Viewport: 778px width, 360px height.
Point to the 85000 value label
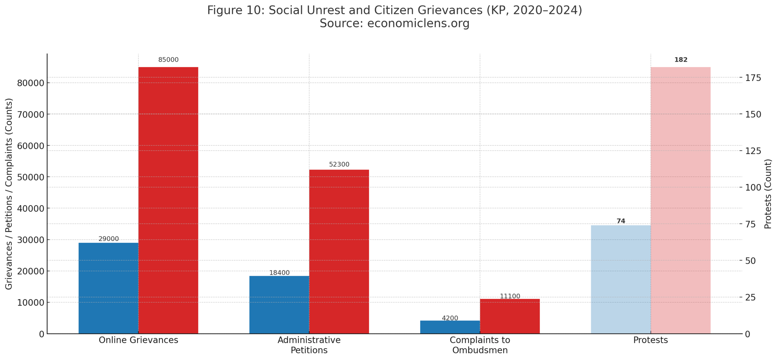coord(168,60)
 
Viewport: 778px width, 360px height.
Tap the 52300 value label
coord(339,164)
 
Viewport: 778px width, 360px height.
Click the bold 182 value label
coord(681,60)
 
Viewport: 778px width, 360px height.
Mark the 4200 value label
coord(450,318)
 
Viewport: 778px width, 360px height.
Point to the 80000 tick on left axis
coord(30,83)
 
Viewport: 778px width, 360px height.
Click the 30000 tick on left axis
coord(30,240)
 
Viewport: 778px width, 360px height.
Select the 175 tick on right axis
coord(753,78)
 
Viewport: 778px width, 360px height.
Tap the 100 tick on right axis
coord(753,187)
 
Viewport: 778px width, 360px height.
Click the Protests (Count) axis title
coord(768,194)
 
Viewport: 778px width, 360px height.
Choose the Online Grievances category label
coord(138,340)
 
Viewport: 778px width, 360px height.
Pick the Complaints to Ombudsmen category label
coord(480,345)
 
